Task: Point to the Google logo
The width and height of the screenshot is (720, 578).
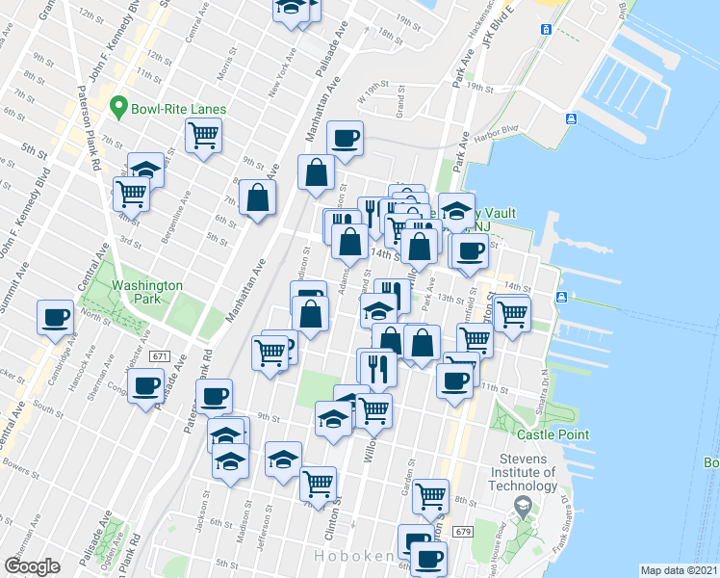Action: point(32,566)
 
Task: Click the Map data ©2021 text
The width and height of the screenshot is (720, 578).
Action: point(680,570)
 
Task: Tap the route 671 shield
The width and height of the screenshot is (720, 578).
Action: point(160,356)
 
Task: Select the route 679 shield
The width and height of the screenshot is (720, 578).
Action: point(463,532)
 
